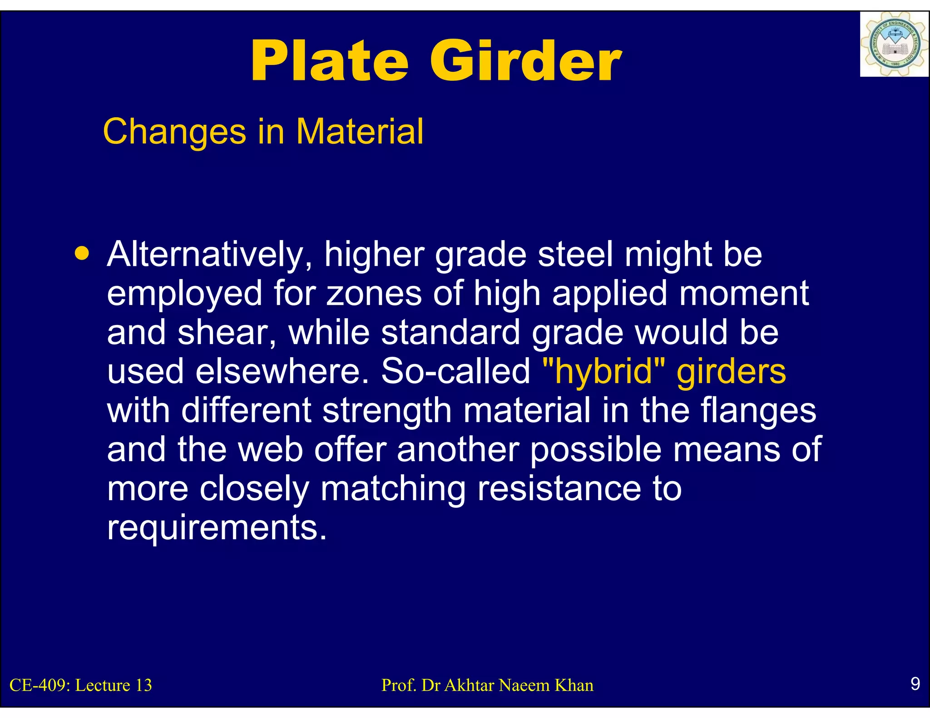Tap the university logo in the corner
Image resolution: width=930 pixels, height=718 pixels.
[x=894, y=44]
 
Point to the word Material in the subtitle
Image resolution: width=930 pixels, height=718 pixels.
[x=360, y=132]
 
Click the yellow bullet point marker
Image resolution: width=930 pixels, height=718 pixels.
[x=82, y=253]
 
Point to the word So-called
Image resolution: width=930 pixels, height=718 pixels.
[x=455, y=371]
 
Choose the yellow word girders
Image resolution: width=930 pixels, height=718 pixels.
[x=731, y=371]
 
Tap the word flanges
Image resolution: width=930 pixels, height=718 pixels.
[x=758, y=410]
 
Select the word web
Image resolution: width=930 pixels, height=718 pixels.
[x=271, y=449]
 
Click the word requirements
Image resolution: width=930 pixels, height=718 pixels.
[x=217, y=527]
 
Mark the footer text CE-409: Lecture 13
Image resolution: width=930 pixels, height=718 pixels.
[x=81, y=685]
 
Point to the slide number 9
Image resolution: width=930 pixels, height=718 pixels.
[x=915, y=684]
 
